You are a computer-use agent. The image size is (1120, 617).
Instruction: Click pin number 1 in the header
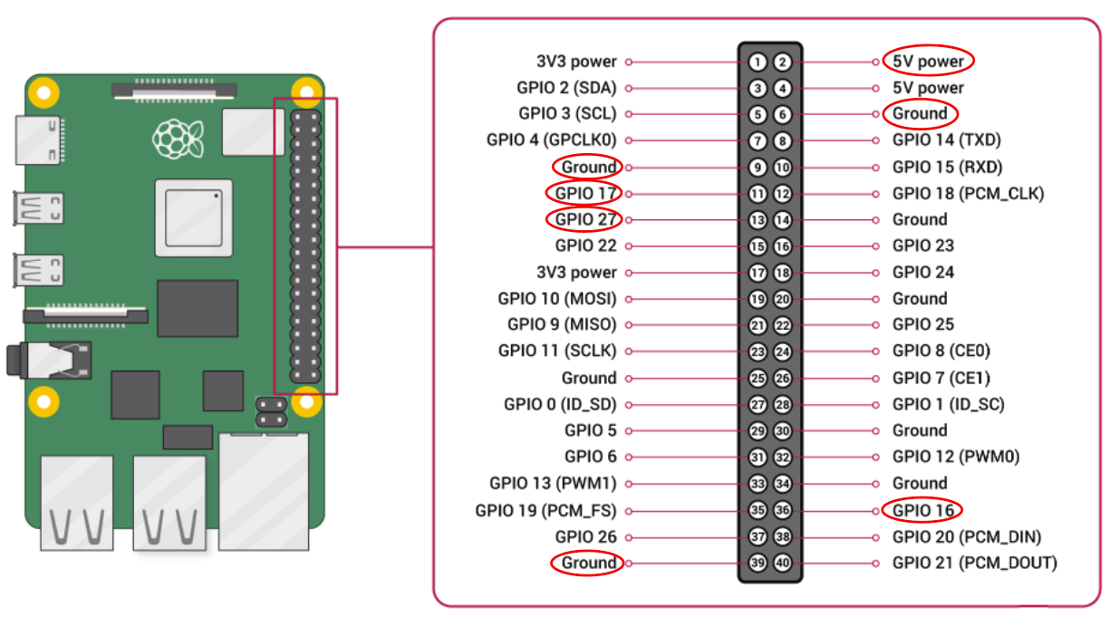(758, 63)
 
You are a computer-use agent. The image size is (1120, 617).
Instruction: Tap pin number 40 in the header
(783, 564)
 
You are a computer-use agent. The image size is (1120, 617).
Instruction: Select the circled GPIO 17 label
(585, 193)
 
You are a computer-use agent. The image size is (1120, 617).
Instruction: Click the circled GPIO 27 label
(585, 219)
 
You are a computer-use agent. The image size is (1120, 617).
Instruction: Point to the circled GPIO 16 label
(922, 510)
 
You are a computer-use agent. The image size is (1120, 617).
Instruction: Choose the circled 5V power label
(928, 62)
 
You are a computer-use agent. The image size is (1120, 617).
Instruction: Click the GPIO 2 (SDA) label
(566, 88)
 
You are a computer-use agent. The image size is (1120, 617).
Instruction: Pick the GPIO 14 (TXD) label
(946, 140)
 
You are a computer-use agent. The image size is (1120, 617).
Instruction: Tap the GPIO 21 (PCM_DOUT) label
(974, 564)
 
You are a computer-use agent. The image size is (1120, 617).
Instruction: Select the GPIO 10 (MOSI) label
(556, 299)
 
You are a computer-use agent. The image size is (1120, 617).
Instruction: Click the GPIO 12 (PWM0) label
(955, 458)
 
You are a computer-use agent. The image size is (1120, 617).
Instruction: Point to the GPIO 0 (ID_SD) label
(560, 405)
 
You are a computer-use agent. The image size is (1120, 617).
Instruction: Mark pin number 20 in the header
(783, 299)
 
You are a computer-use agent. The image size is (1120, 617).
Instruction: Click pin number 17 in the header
(758, 273)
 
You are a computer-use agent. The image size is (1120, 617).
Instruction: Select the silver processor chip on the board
(193, 217)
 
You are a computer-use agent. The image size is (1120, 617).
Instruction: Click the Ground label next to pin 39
(588, 564)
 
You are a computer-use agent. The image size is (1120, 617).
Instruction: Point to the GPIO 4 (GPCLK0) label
(551, 140)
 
